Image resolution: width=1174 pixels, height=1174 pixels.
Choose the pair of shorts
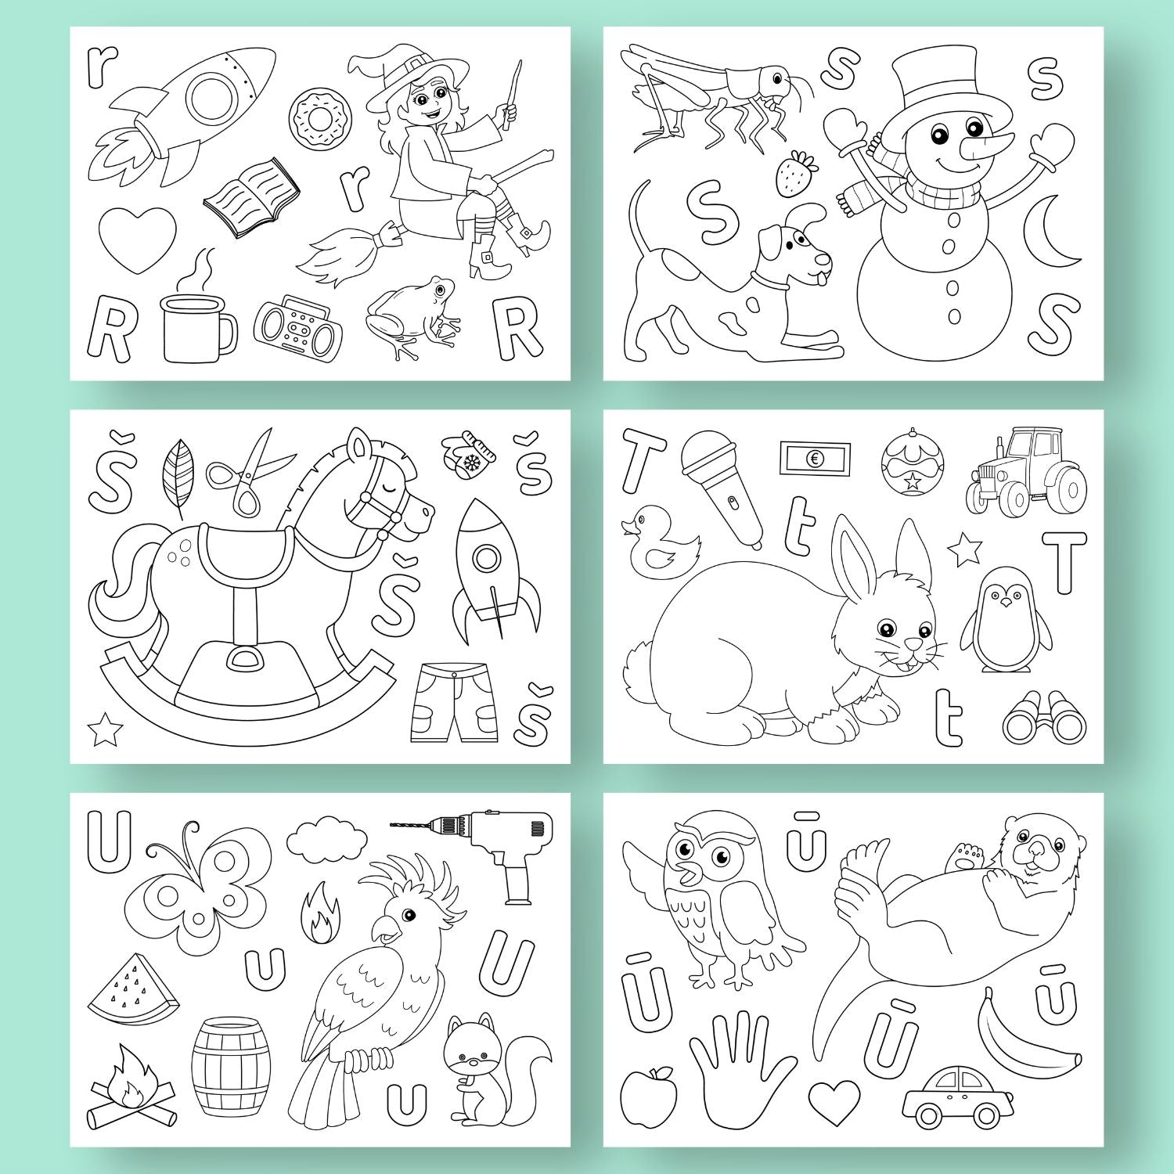(454, 703)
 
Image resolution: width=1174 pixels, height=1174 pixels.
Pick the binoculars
(1045, 717)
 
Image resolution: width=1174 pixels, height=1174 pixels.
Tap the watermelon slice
(133, 989)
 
